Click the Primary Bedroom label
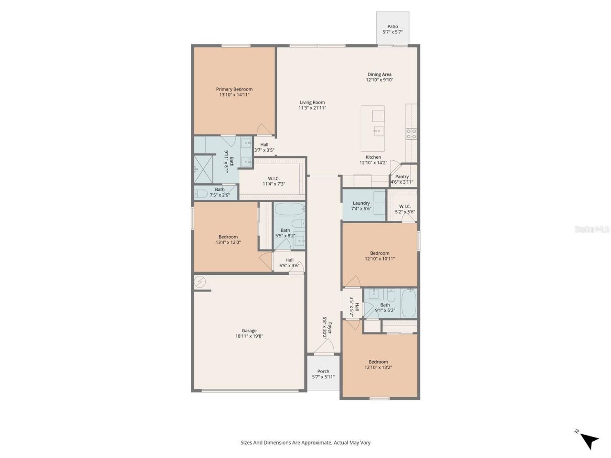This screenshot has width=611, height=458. click(x=234, y=89)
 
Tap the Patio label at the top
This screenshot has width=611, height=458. click(x=392, y=27)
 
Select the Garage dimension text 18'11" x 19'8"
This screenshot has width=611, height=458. click(x=249, y=336)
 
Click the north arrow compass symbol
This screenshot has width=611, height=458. click(x=589, y=440)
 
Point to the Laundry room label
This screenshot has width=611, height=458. click(x=361, y=203)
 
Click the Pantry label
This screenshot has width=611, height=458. click(x=402, y=177)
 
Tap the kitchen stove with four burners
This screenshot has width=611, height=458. click(x=411, y=134)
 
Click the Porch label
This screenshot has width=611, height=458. click(x=323, y=371)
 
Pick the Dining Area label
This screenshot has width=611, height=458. click(x=379, y=74)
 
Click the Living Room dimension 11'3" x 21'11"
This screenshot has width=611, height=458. click(x=312, y=108)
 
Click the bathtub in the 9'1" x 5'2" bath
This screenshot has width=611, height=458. click(x=409, y=303)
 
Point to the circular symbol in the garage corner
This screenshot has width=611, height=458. click(x=200, y=282)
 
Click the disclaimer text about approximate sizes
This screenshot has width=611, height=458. click(x=305, y=443)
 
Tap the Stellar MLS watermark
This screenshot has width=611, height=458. click(x=591, y=229)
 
